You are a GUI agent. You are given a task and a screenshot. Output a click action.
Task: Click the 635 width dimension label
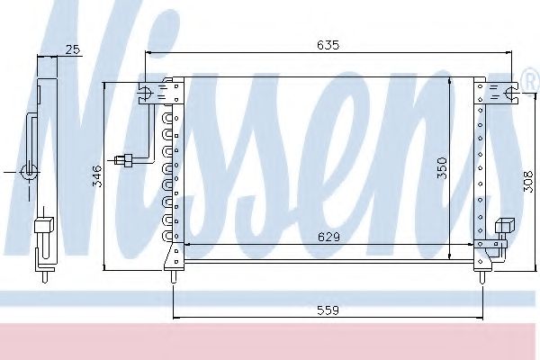(x=328, y=44)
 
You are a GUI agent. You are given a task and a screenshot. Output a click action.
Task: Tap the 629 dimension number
(x=327, y=237)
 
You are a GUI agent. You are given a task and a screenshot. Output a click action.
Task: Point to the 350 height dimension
(x=441, y=169)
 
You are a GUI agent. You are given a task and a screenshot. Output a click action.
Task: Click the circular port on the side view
(x=30, y=170)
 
